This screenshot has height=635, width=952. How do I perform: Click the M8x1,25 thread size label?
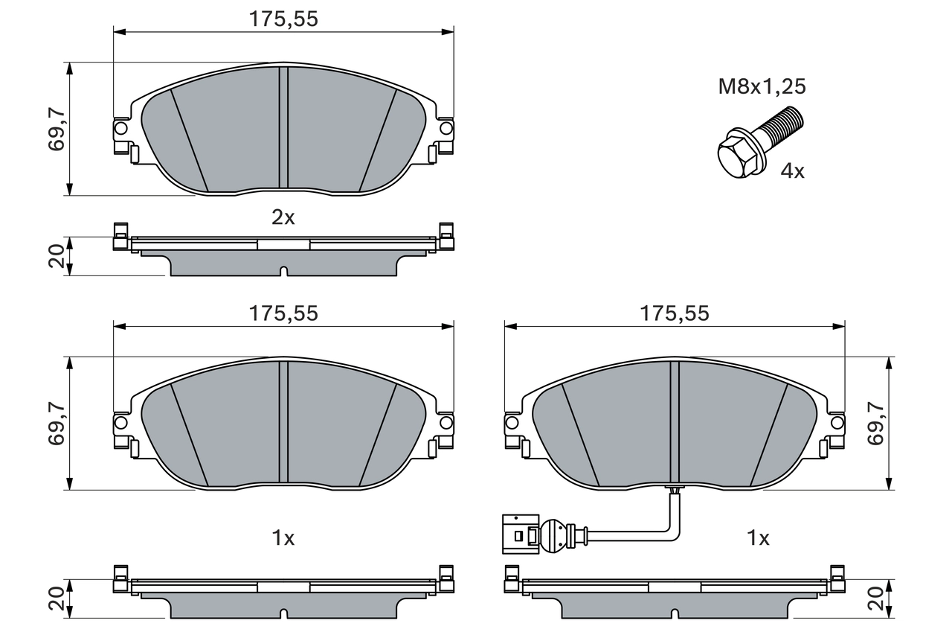point(762,86)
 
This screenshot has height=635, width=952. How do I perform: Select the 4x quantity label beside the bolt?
point(792,171)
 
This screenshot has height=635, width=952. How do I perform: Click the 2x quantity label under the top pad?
point(283,217)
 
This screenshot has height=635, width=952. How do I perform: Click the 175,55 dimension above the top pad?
point(283,19)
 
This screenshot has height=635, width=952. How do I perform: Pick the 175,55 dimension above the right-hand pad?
point(675,313)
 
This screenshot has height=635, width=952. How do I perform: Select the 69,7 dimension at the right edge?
point(875,422)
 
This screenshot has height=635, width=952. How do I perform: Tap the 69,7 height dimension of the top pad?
point(57,129)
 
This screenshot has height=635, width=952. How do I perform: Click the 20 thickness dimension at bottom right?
point(875,599)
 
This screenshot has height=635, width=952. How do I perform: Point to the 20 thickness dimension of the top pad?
point(57,256)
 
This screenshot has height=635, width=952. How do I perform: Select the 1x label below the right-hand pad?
point(758,537)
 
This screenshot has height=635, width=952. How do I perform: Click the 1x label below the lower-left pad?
point(283,537)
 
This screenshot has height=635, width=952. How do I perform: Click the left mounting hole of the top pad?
point(120,129)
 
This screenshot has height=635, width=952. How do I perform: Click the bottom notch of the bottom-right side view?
point(675,614)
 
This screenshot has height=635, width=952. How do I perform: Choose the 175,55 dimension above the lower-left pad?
point(283,313)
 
